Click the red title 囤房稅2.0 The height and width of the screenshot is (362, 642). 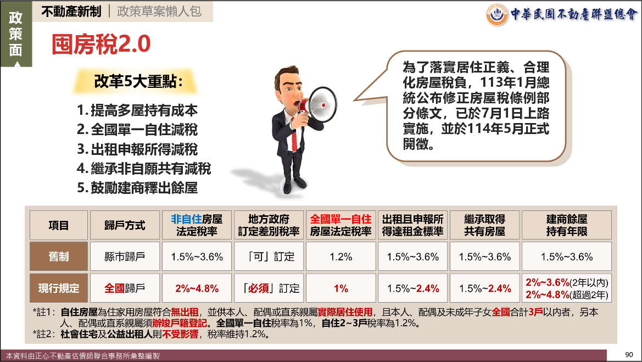click(x=101, y=44)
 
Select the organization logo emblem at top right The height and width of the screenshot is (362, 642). click(x=496, y=14)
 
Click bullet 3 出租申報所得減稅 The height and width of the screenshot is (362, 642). click(x=137, y=149)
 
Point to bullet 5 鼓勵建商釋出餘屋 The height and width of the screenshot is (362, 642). click(x=137, y=188)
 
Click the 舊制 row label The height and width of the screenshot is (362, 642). click(x=59, y=257)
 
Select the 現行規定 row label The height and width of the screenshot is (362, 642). click(x=59, y=288)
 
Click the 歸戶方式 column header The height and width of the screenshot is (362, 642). click(x=125, y=225)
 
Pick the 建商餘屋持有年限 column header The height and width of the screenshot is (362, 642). click(x=567, y=225)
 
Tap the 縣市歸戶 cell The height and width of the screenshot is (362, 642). click(x=125, y=257)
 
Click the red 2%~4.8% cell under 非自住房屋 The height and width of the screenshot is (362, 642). click(x=197, y=288)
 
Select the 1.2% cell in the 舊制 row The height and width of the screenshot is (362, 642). click(x=340, y=257)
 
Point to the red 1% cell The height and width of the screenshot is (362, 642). click(x=340, y=288)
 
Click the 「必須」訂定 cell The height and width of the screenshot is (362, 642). click(x=269, y=288)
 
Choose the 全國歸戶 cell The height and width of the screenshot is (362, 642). click(x=125, y=288)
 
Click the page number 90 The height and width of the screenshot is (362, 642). click(x=629, y=355)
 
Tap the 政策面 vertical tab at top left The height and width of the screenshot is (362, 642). click(x=16, y=34)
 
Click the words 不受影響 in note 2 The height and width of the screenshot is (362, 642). click(x=180, y=334)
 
